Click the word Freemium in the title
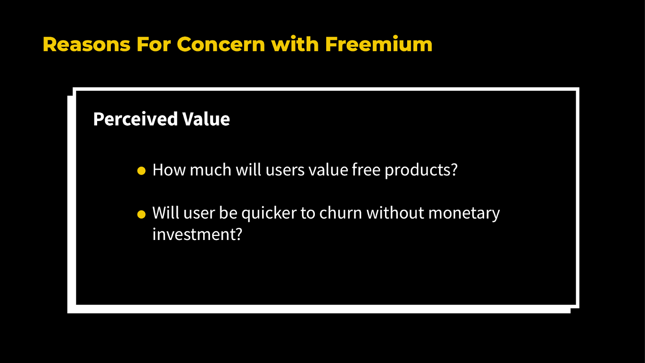pos(378,44)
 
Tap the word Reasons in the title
pos(86,44)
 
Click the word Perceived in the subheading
pos(135,119)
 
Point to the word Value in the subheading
pos(206,119)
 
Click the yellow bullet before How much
pos(141,171)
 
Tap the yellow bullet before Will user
pos(141,214)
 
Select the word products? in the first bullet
pos(421,170)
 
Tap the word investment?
pos(197,235)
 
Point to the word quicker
pos(269,213)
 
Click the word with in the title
pos(295,44)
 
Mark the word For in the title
pos(154,44)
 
